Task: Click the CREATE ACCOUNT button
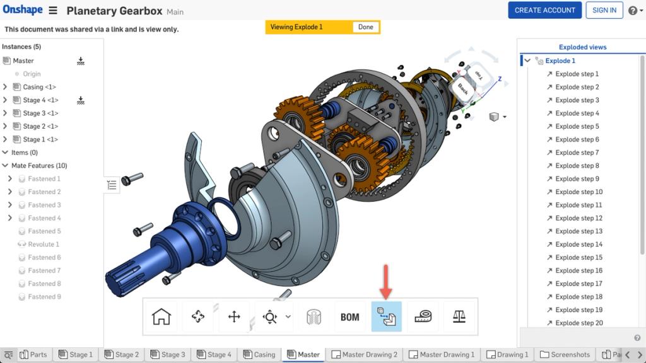point(544,10)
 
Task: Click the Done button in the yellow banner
point(366,27)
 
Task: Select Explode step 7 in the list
point(577,153)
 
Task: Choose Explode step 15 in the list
point(578,257)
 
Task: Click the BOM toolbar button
point(349,317)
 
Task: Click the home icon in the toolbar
point(161,317)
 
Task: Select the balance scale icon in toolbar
point(459,317)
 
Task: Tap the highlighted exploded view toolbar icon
point(386,317)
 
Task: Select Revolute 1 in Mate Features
point(44,245)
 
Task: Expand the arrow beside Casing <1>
point(6,87)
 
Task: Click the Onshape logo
point(22,10)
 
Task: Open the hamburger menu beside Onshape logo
point(53,11)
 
